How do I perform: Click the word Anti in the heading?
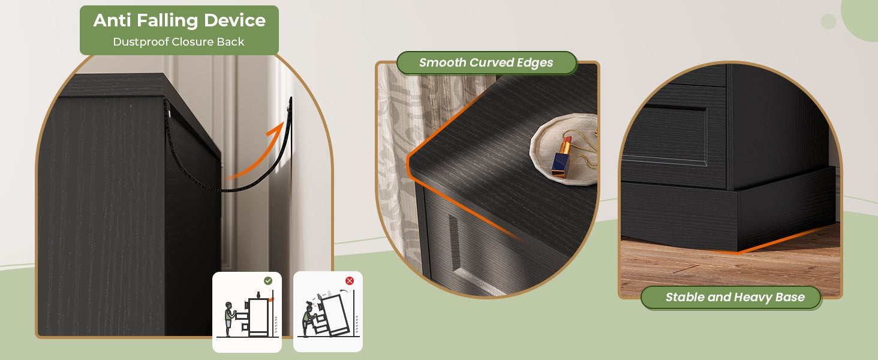(x=112, y=20)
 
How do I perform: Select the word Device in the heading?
(x=234, y=20)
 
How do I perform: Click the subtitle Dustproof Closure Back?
(x=179, y=41)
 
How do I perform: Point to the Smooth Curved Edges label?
(x=486, y=62)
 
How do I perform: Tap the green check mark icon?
(x=267, y=281)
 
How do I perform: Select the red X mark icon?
(x=349, y=281)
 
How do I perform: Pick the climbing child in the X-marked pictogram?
(x=310, y=319)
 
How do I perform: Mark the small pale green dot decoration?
(x=828, y=21)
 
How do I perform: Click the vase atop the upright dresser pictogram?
(x=258, y=295)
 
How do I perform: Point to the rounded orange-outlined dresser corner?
(x=409, y=161)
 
